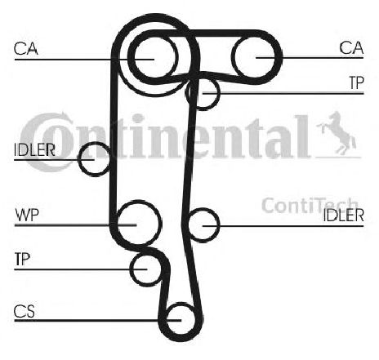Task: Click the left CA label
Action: point(26,48)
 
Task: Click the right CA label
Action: point(351,47)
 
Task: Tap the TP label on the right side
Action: point(356,82)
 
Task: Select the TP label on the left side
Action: point(22,259)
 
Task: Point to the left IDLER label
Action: point(34,149)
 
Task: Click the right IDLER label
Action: point(343,216)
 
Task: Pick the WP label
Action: point(27,215)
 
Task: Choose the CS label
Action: point(25,311)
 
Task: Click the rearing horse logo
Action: point(337,133)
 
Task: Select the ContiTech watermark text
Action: point(310,205)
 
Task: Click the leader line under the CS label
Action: point(98,321)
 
